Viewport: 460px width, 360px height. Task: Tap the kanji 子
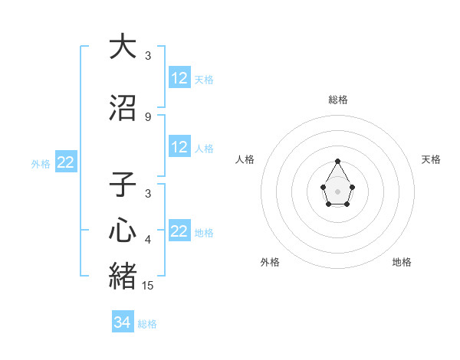123,185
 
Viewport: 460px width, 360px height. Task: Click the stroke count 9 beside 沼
148,117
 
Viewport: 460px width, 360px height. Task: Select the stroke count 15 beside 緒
148,286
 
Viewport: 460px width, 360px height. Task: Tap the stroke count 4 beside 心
148,240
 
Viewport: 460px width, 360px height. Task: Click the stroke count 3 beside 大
148,56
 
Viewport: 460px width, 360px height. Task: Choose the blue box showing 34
123,322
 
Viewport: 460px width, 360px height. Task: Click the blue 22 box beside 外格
66,162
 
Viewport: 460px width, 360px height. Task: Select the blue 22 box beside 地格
179,231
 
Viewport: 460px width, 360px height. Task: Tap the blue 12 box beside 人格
179,147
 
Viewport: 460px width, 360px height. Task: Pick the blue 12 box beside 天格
179,78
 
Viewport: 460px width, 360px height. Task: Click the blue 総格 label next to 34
147,324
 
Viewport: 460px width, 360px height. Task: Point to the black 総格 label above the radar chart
338,100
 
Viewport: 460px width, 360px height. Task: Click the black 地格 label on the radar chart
402,262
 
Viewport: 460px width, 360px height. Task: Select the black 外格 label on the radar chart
270,262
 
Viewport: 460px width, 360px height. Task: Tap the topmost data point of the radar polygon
338,161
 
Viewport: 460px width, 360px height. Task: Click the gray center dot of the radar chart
338,191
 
